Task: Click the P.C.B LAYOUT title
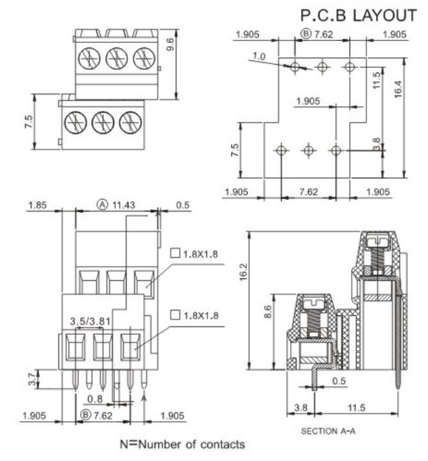point(358,14)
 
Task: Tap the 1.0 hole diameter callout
point(259,57)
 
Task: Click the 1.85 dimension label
point(37,205)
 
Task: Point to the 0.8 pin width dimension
point(96,399)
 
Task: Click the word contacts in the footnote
point(221,444)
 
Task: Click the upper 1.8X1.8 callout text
point(199,253)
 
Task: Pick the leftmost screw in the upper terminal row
point(89,59)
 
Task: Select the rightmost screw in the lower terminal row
point(130,121)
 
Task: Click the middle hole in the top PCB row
point(322,66)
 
